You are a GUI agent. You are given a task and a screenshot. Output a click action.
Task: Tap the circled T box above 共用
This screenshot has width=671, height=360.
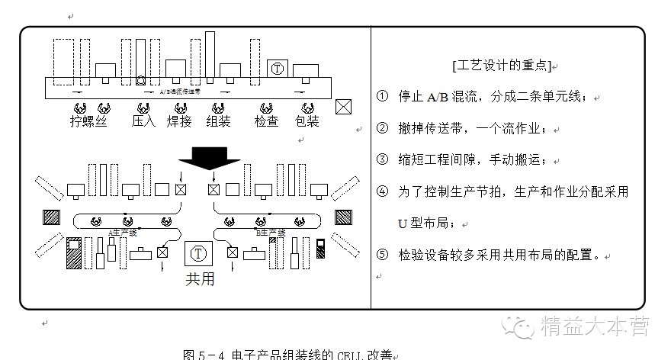tap(199, 252)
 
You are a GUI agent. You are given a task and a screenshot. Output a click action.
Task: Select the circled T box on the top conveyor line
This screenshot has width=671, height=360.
tap(277, 68)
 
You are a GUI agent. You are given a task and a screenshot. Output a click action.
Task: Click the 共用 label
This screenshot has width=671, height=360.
tap(200, 278)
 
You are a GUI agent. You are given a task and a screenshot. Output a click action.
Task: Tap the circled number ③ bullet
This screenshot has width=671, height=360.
tap(383, 160)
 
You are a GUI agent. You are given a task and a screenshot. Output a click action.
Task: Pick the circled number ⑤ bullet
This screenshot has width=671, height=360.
tap(383, 254)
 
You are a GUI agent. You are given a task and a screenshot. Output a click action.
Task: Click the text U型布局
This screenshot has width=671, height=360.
tap(425, 223)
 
